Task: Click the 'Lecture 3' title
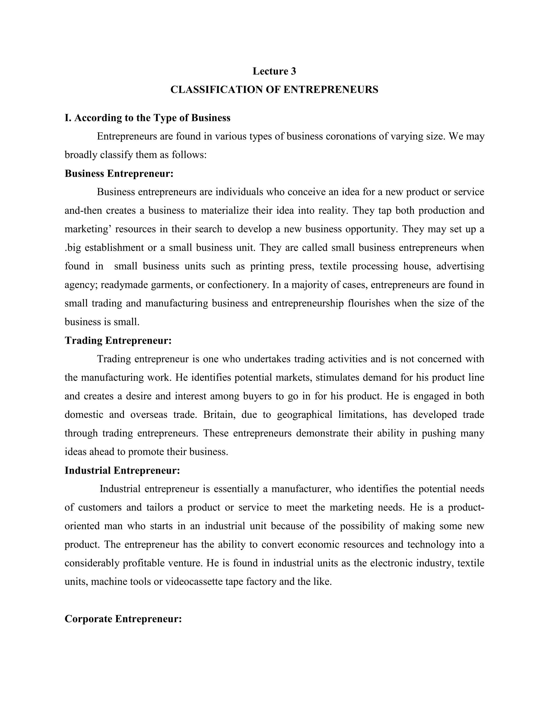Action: click(x=274, y=71)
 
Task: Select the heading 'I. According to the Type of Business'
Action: click(x=147, y=118)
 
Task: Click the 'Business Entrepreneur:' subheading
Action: click(x=119, y=174)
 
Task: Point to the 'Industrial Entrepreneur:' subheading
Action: click(x=122, y=470)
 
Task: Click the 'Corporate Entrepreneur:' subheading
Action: click(x=123, y=619)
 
